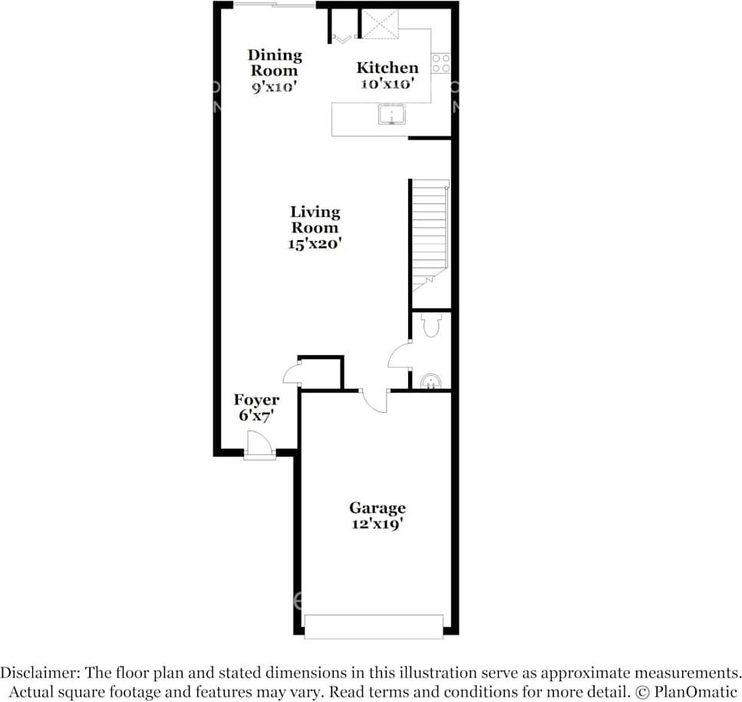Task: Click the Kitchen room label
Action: tap(387, 68)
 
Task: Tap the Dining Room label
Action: tap(274, 62)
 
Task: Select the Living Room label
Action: tap(315, 219)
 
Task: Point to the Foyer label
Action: tap(256, 400)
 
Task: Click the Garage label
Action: tap(377, 508)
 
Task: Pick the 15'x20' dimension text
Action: tap(315, 244)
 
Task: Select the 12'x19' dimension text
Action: tap(377, 525)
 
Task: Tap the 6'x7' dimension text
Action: tap(256, 416)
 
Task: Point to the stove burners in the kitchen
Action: tap(440, 63)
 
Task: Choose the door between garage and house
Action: tap(374, 400)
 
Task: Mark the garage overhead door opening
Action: tap(374, 626)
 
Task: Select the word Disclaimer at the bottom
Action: tap(39, 673)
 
